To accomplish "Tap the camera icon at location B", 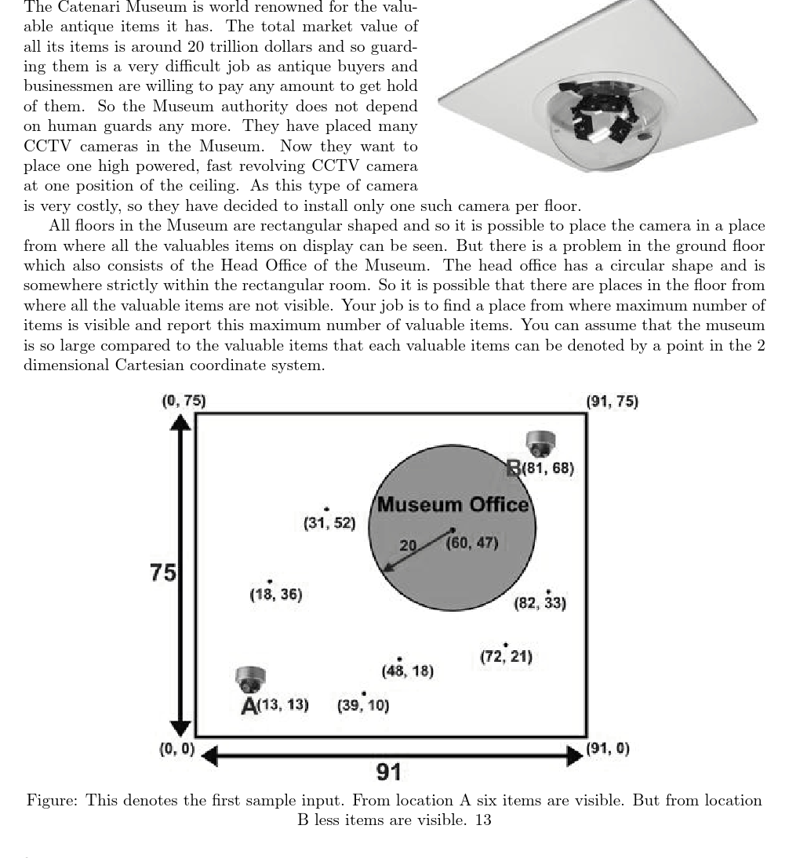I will [x=540, y=443].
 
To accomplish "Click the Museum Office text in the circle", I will [x=453, y=504].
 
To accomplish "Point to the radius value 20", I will [x=408, y=546].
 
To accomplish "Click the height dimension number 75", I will [x=162, y=573].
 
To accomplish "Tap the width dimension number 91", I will [x=389, y=772].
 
